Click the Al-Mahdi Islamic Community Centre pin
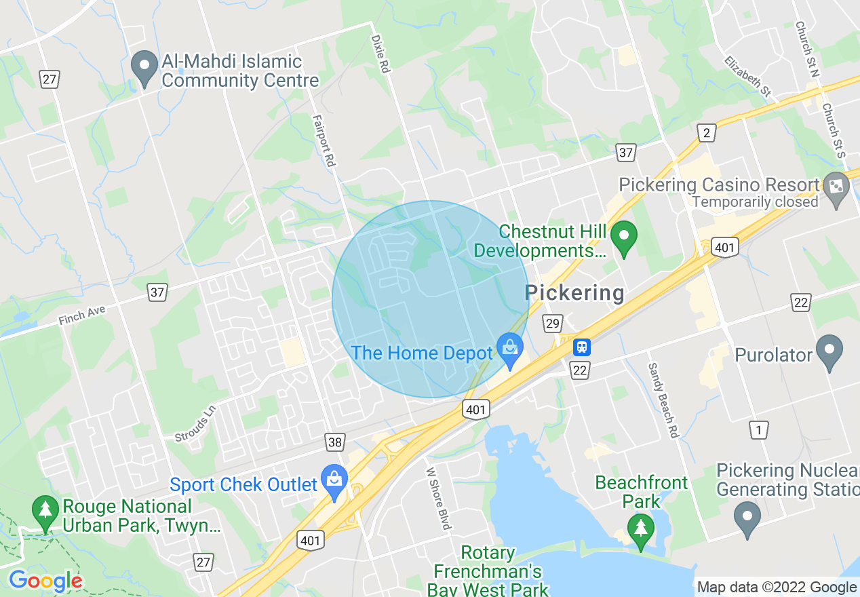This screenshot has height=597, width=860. (x=144, y=69)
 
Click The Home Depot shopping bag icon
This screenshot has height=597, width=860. (x=509, y=350)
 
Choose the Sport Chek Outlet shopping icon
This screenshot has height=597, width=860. (x=334, y=480)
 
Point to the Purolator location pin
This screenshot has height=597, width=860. (x=829, y=351)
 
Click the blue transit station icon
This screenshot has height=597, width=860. (x=581, y=347)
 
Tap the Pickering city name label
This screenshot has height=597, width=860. (x=574, y=293)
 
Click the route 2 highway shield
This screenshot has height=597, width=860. (x=707, y=133)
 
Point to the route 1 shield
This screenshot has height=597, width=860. (x=759, y=429)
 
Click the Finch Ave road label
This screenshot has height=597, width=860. (x=81, y=316)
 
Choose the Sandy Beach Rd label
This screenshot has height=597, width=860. (x=663, y=400)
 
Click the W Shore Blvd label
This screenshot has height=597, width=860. (x=438, y=499)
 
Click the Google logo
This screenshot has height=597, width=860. (x=45, y=581)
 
